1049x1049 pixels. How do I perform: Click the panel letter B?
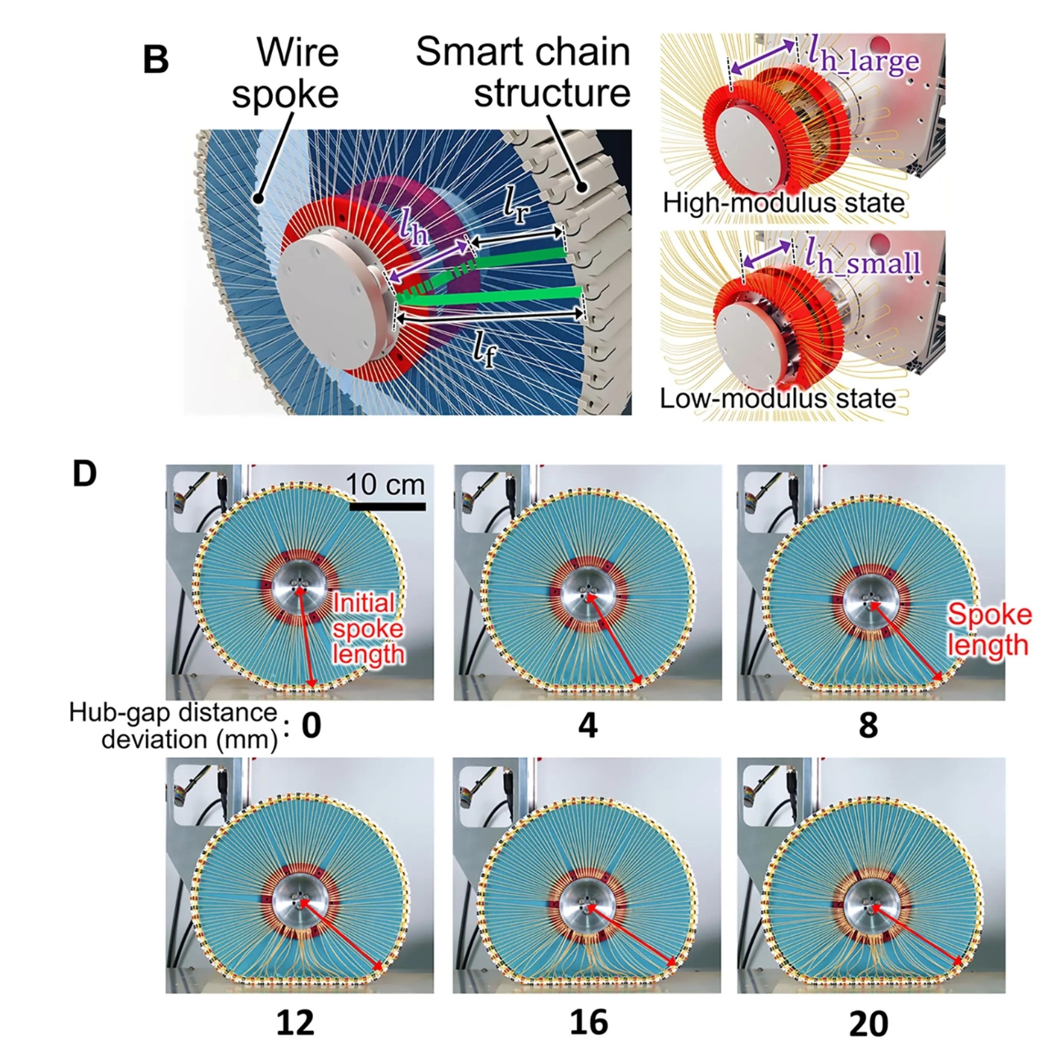tap(156, 60)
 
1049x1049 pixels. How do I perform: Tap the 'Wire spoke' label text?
tap(286, 74)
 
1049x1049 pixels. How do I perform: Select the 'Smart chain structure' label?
tap(524, 72)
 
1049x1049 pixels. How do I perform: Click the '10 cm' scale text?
tap(385, 484)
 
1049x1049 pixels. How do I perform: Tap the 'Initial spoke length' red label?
tap(367, 629)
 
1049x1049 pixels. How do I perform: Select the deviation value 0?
tap(311, 725)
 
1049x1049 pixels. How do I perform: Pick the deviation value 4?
tap(588, 725)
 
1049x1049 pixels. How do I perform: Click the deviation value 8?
tap(868, 725)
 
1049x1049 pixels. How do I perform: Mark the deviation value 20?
tap(869, 1024)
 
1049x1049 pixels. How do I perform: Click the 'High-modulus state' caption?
tap(783, 202)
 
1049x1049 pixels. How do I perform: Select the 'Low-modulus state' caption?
tap(778, 399)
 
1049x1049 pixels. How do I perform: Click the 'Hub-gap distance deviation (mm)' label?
tap(174, 725)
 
